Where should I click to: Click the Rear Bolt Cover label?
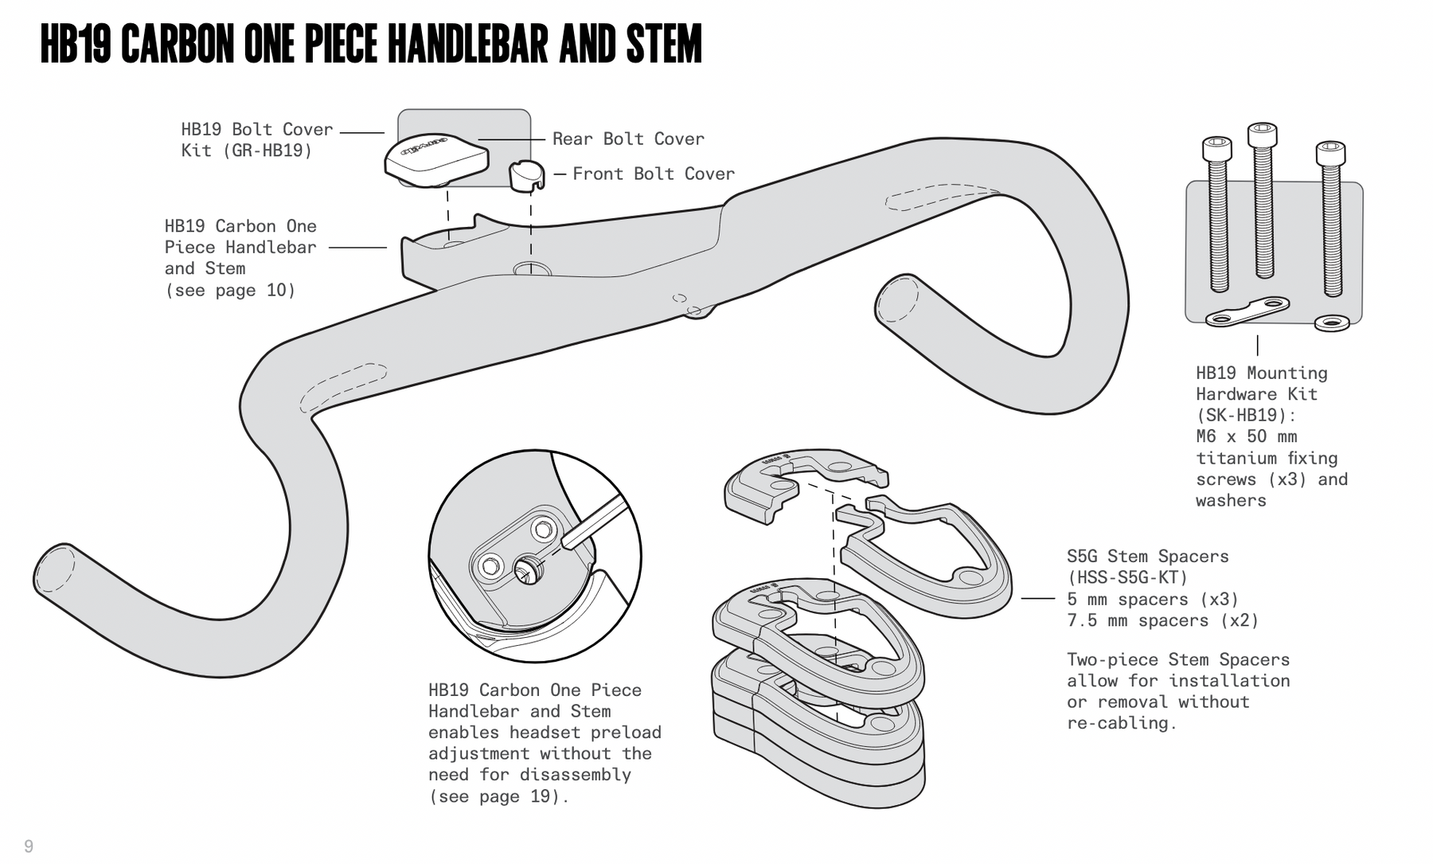pos(628,139)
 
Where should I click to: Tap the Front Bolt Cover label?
pos(653,174)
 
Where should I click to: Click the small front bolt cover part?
pos(525,174)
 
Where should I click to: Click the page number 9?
pos(29,846)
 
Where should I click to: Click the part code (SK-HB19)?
pos(1246,415)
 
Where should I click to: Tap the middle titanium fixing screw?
pos(1263,199)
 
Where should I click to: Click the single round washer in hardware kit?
pos(1332,323)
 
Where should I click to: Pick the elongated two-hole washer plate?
pos(1247,311)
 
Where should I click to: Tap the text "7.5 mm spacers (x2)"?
pos(1162,620)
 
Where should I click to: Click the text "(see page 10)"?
pos(230,290)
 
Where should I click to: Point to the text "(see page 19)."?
pos(498,796)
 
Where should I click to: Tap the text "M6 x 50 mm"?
pos(1246,436)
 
